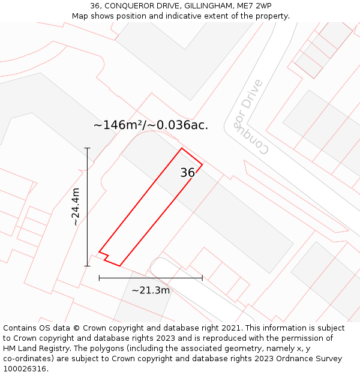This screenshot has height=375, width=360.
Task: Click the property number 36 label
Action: point(187,173)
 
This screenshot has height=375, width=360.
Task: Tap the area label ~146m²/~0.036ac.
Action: point(151,125)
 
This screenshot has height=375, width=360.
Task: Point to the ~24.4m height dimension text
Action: point(76,206)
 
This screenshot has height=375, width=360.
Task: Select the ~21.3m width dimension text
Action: point(151,290)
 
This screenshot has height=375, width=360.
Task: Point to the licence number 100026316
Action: point(26,369)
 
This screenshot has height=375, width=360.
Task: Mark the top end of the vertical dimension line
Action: point(88,148)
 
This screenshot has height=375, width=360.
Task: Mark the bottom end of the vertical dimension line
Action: point(88,266)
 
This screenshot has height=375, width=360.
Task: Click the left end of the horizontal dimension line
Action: point(99,278)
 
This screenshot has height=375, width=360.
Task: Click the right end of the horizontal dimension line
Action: point(202,278)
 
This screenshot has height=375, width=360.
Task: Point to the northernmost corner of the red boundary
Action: point(181,148)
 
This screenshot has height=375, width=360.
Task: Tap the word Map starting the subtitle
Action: point(80,16)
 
